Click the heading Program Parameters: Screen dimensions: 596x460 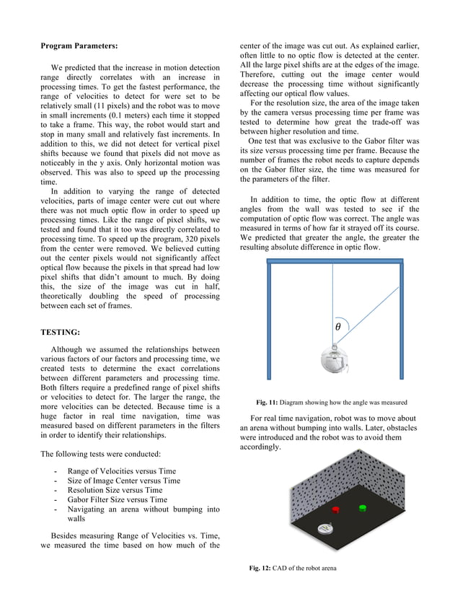[x=79, y=46]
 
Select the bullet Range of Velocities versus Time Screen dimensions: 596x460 [x=121, y=471]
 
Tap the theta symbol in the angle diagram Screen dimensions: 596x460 [x=338, y=327]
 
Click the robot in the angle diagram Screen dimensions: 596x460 [x=334, y=359]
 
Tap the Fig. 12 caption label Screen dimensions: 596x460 [x=260, y=567]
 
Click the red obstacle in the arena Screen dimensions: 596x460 [x=335, y=509]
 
